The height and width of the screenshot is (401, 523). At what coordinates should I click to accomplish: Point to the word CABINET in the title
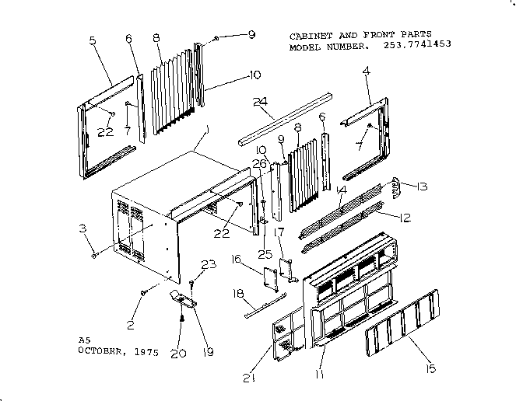tap(310, 36)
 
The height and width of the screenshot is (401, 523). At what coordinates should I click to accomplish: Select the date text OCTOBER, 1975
tap(118, 351)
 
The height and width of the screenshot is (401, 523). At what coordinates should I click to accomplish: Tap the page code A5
tap(84, 340)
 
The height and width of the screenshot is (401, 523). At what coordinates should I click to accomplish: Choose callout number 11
tap(318, 372)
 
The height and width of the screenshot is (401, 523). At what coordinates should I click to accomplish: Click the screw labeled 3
tap(94, 254)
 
